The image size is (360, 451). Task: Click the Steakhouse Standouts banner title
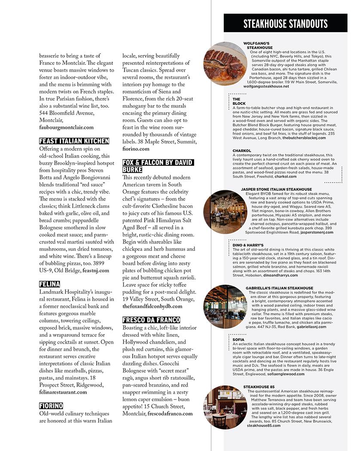click(285, 24)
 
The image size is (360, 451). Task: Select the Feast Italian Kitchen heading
click(74, 141)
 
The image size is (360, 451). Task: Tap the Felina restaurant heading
click(49, 284)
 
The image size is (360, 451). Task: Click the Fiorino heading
click(51, 405)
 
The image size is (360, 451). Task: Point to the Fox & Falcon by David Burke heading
click(158, 166)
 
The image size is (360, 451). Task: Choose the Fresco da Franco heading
click(151, 320)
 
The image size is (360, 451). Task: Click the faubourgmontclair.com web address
click(66, 128)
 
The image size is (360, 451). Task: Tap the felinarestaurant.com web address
click(63, 392)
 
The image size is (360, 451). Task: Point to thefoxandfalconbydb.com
click(153, 306)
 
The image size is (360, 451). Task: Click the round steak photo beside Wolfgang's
click(222, 64)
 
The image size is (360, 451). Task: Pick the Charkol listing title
click(242, 151)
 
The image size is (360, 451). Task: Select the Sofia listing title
click(238, 340)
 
